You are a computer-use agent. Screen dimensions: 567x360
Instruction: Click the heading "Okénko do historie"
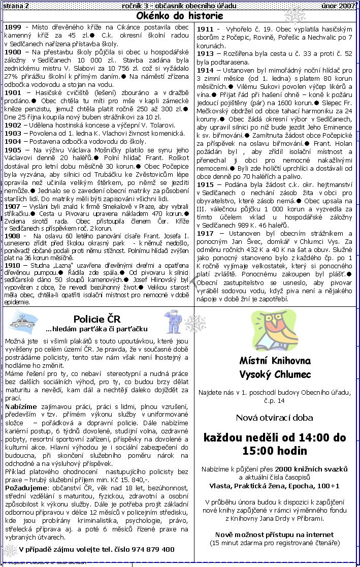180,16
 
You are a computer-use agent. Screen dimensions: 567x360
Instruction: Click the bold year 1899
12,27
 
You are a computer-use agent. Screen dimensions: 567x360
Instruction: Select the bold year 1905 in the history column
12,150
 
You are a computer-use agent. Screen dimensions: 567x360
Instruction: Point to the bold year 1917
206,234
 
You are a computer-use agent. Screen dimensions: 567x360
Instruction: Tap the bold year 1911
206,29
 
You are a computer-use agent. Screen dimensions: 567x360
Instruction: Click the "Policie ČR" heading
97,319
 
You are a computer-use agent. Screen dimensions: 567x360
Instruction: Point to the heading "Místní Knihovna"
275,361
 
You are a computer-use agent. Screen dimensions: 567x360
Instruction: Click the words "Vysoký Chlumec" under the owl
275,375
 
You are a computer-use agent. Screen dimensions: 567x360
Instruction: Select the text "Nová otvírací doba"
274,418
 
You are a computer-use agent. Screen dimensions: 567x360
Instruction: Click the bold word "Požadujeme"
25,488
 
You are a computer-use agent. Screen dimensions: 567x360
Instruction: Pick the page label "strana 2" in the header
16,5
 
